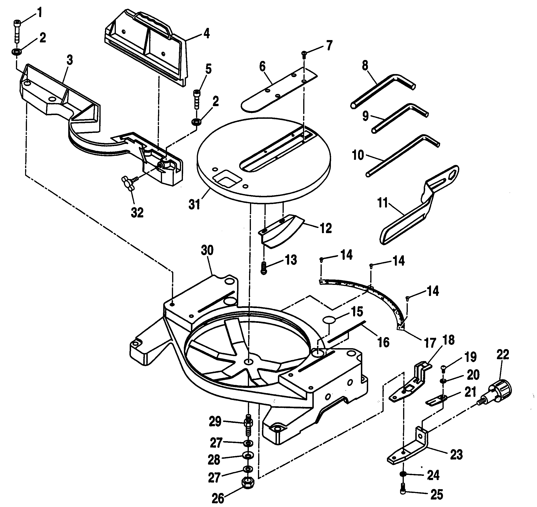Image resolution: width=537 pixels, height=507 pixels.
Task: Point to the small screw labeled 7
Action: (x=304, y=55)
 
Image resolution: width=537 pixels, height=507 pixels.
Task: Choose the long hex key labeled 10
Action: (x=403, y=155)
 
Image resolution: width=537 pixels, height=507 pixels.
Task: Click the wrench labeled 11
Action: (x=419, y=205)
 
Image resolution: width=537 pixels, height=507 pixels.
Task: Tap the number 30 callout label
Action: (x=207, y=250)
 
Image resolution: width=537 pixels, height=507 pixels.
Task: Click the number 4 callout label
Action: (x=206, y=34)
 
